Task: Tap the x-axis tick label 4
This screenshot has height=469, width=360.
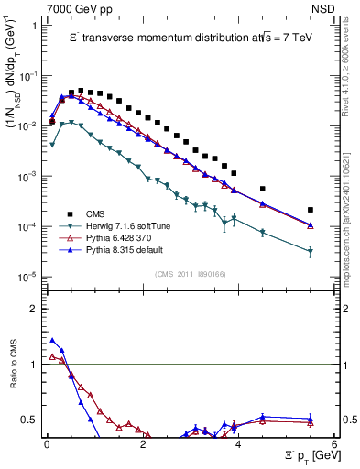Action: point(238,445)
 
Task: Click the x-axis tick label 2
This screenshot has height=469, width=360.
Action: point(143,445)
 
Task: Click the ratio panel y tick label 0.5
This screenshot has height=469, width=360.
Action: point(33,420)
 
